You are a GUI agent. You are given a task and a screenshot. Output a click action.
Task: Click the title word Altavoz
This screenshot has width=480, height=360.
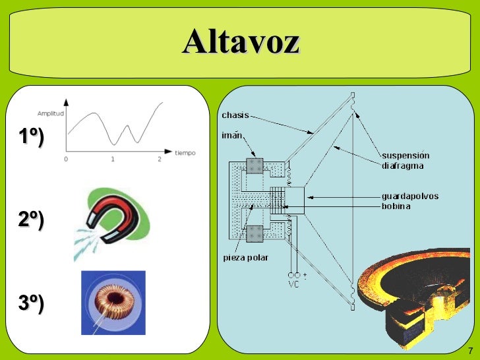click(x=241, y=42)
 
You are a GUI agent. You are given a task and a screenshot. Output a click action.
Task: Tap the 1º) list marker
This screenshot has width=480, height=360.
click(x=30, y=137)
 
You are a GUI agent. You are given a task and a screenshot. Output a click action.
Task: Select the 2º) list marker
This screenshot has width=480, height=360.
click(x=30, y=220)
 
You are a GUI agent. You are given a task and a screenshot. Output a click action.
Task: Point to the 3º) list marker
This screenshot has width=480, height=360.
click(x=30, y=303)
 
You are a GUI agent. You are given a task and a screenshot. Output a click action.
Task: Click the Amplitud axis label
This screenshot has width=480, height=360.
click(x=50, y=113)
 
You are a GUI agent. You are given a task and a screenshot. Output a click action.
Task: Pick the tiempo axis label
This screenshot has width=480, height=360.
click(x=186, y=152)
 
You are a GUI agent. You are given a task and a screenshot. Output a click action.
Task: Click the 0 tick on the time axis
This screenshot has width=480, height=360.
click(x=66, y=160)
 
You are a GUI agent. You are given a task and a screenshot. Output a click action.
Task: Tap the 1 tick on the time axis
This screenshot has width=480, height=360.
click(x=113, y=160)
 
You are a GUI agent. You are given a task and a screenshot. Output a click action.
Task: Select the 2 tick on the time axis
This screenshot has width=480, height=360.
click(x=160, y=160)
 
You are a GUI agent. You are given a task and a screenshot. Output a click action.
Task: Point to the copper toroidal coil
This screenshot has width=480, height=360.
click(x=113, y=301)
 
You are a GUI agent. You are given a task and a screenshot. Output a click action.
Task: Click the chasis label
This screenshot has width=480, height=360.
click(x=235, y=115)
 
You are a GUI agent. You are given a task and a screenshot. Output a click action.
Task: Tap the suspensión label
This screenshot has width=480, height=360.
click(x=405, y=156)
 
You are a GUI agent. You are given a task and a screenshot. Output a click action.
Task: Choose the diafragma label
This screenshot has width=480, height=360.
click(x=402, y=165)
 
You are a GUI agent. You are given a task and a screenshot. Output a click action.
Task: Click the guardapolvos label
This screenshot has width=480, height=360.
click(x=410, y=196)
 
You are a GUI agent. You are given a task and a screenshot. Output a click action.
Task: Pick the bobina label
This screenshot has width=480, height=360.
click(x=396, y=206)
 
